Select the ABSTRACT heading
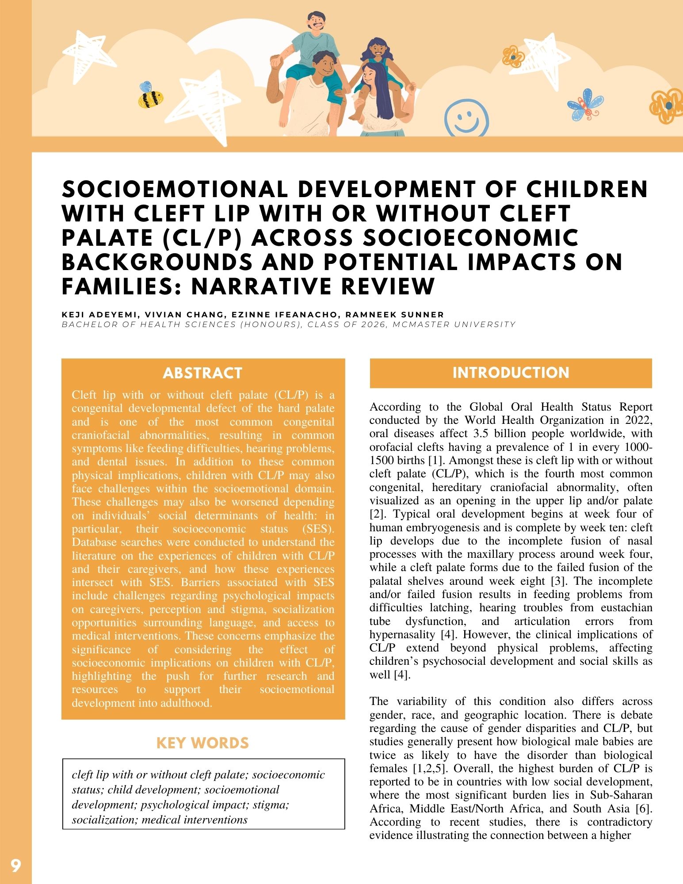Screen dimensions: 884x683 point(202,373)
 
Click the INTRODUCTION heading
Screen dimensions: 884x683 point(511,373)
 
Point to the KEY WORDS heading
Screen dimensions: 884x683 point(202,743)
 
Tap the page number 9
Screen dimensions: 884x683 point(15,865)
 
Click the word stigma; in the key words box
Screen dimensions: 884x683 point(271,805)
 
